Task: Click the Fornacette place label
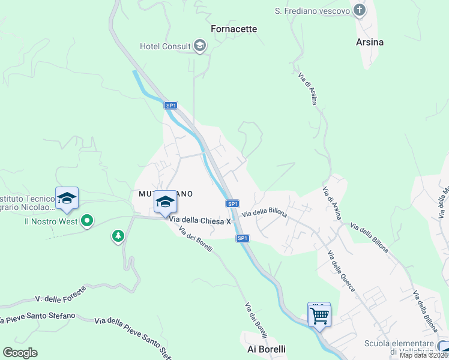[234, 29]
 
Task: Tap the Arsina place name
[369, 43]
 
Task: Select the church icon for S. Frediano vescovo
[359, 10]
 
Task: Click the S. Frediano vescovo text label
[312, 11]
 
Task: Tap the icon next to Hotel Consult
[200, 46]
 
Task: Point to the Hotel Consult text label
[165, 46]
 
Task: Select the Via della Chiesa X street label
[200, 221]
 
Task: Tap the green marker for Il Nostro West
[87, 221]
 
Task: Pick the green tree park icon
[118, 236]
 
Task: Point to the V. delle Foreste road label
[61, 294]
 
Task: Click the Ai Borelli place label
[267, 349]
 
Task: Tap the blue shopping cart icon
[319, 314]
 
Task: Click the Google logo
[20, 353]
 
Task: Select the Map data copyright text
[423, 355]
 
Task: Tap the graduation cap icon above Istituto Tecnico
[67, 198]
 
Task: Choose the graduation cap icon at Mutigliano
[165, 202]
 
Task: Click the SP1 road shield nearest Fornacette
[171, 106]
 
